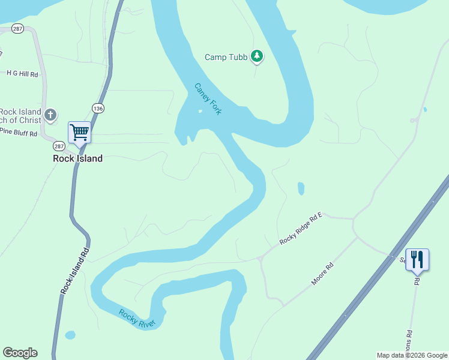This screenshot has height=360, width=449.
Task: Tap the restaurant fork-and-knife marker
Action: click(417, 260)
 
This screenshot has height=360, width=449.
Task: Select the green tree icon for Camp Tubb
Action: click(257, 56)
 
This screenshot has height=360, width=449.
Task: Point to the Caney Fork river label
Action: click(208, 99)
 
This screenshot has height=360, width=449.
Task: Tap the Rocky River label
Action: click(137, 319)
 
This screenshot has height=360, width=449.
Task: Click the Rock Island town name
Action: click(77, 158)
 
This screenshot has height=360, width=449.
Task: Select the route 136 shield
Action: click(98, 108)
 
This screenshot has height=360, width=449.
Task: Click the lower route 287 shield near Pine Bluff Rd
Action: click(58, 146)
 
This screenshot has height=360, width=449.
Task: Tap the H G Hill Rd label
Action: click(22, 74)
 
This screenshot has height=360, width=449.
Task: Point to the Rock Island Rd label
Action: click(75, 271)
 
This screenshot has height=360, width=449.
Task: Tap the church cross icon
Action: click(51, 114)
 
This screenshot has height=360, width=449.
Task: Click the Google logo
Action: click(20, 353)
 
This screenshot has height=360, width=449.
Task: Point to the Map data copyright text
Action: click(411, 355)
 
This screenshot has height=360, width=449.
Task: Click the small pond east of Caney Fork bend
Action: click(301, 189)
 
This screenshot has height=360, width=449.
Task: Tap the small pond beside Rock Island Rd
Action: click(70, 335)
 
